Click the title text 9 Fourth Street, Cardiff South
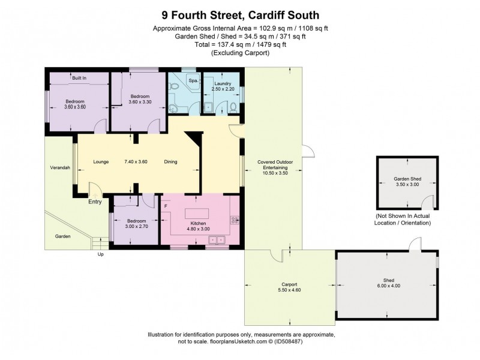pos(239,14)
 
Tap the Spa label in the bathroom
pos(193,80)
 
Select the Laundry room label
pos(223,83)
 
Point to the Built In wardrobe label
pos(79,78)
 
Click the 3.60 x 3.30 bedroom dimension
pos(141,102)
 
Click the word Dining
pos(172,161)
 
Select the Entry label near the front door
pos(95,202)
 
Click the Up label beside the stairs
pos(100,254)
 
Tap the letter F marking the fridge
pos(166,206)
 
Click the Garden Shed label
pos(406,179)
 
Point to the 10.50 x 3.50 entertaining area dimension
pos(275,173)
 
